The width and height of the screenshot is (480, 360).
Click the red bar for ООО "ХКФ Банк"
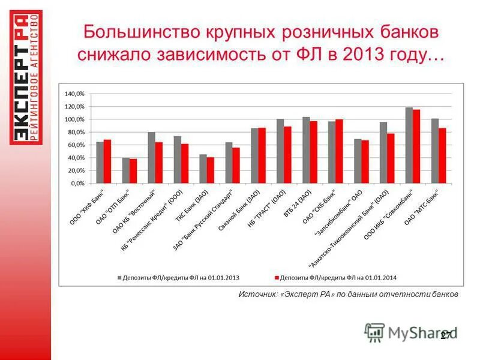[107, 161]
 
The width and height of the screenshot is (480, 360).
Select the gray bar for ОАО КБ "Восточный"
[152, 158]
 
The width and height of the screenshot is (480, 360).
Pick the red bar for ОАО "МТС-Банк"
[442, 155]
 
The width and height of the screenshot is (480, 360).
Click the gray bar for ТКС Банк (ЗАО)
[203, 169]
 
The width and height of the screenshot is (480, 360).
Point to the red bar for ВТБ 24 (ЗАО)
[313, 152]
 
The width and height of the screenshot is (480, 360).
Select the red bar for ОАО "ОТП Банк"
[133, 171]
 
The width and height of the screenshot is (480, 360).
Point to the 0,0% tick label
[77, 184]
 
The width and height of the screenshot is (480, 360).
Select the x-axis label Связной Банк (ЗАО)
[243, 209]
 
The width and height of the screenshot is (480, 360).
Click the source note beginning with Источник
[348, 295]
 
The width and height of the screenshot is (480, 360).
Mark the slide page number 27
[446, 336]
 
